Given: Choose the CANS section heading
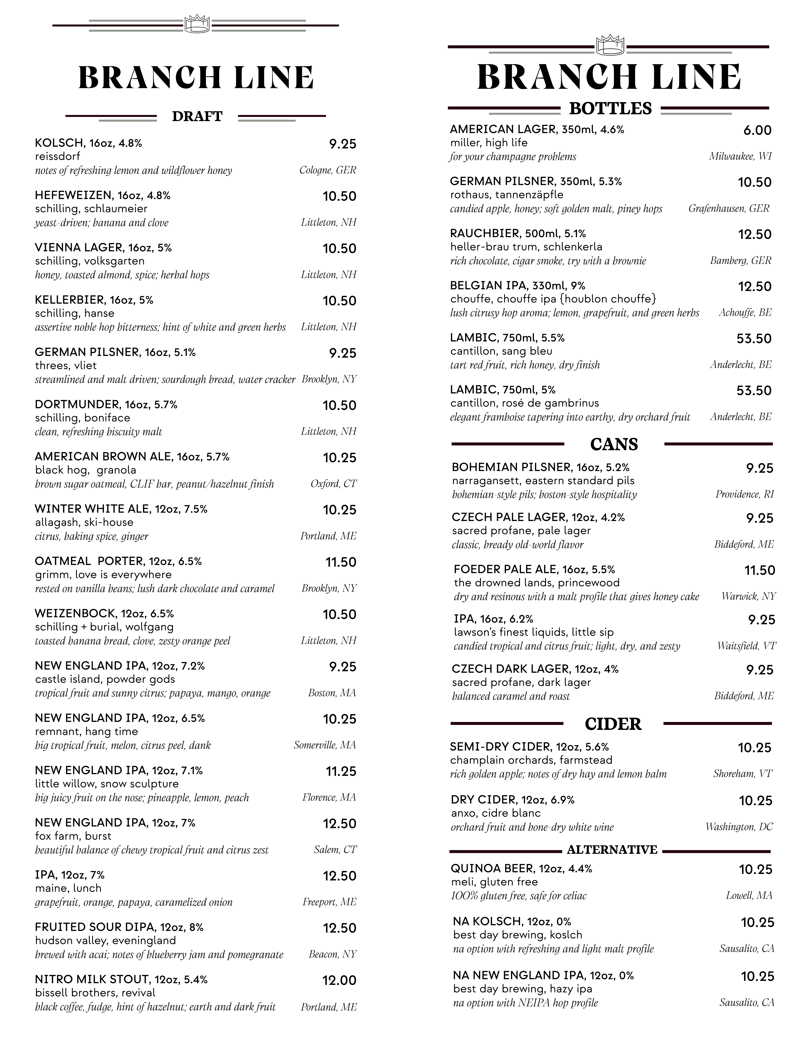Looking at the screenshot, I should (614, 444).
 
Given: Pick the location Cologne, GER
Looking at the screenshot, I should (328, 170).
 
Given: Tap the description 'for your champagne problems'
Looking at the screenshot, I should (513, 157).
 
